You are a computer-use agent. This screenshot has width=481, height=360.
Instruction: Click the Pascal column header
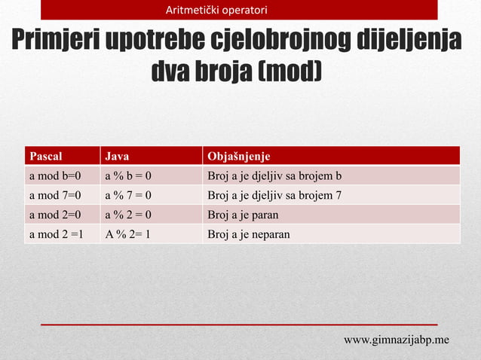tap(45, 157)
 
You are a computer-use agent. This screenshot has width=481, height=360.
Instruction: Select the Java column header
tap(116, 157)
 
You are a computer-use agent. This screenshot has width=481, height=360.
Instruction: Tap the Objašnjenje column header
tap(238, 157)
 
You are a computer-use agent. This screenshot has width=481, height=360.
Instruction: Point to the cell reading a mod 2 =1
tap(56, 234)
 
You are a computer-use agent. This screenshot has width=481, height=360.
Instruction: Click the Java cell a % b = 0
tap(128, 176)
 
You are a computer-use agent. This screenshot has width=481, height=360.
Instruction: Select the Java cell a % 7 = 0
tap(128, 196)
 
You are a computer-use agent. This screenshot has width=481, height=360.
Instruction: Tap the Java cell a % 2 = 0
tap(128, 215)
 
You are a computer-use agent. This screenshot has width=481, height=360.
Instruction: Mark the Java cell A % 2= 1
tap(127, 234)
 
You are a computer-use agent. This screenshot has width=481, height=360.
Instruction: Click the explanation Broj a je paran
tap(243, 215)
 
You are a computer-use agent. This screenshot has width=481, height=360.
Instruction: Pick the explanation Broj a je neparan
tap(248, 234)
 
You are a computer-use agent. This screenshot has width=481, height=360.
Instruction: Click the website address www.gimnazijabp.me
tap(397, 340)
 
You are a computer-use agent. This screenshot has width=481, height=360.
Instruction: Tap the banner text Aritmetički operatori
tap(216, 10)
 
